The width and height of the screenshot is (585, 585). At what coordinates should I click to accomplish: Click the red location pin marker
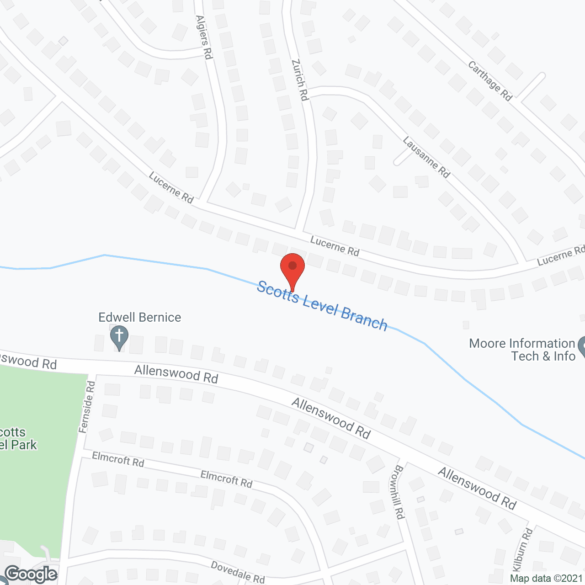pos(292,270)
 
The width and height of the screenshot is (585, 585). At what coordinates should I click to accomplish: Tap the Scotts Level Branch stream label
pos(322,306)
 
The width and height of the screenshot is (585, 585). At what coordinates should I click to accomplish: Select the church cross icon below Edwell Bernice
pos(119,337)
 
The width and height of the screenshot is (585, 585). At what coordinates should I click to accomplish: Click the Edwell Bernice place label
pos(140,317)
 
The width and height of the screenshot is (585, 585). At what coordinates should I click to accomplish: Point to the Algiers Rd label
pos(204,37)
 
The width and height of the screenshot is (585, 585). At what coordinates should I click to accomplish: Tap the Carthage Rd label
pos(490,81)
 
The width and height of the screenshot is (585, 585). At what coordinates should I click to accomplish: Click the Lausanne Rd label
pos(426,157)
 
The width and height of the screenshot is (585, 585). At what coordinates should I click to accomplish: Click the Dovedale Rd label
pos(238,572)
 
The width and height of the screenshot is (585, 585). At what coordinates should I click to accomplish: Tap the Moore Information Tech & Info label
pos(522,350)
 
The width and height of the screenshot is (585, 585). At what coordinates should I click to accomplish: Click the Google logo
pos(31,574)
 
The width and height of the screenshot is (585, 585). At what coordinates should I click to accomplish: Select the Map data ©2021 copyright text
pos(547,579)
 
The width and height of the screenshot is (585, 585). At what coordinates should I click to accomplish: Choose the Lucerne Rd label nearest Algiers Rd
pos(171,187)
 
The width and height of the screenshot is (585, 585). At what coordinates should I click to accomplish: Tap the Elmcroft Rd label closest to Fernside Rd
pos(118,459)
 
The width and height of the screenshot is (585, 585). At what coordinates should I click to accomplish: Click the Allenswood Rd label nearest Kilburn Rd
pos(477,489)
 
